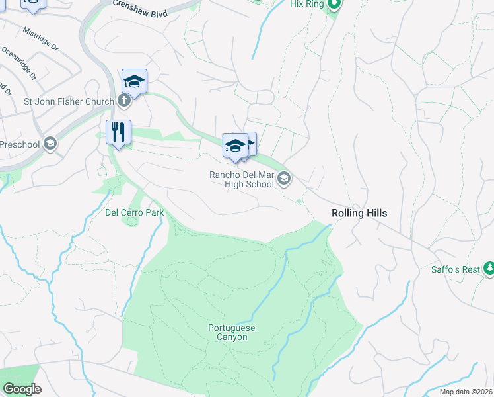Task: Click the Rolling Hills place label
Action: pyautogui.click(x=359, y=213)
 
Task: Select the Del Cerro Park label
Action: pyautogui.click(x=134, y=213)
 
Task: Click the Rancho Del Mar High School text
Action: pyautogui.click(x=241, y=179)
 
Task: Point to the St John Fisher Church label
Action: pyautogui.click(x=69, y=102)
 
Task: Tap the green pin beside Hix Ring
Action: pyautogui.click(x=334, y=5)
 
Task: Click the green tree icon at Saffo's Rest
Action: pyautogui.click(x=489, y=269)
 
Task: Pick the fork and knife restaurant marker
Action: pyautogui.click(x=119, y=132)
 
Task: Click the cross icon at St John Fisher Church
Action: pyautogui.click(x=123, y=101)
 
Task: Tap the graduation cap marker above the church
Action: pyautogui.click(x=134, y=81)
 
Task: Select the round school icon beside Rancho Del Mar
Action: pyautogui.click(x=284, y=178)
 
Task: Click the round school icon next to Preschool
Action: pyautogui.click(x=50, y=144)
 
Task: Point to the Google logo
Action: pyautogui.click(x=22, y=389)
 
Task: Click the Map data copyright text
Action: pyautogui.click(x=466, y=392)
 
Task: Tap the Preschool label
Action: pyautogui.click(x=20, y=144)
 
